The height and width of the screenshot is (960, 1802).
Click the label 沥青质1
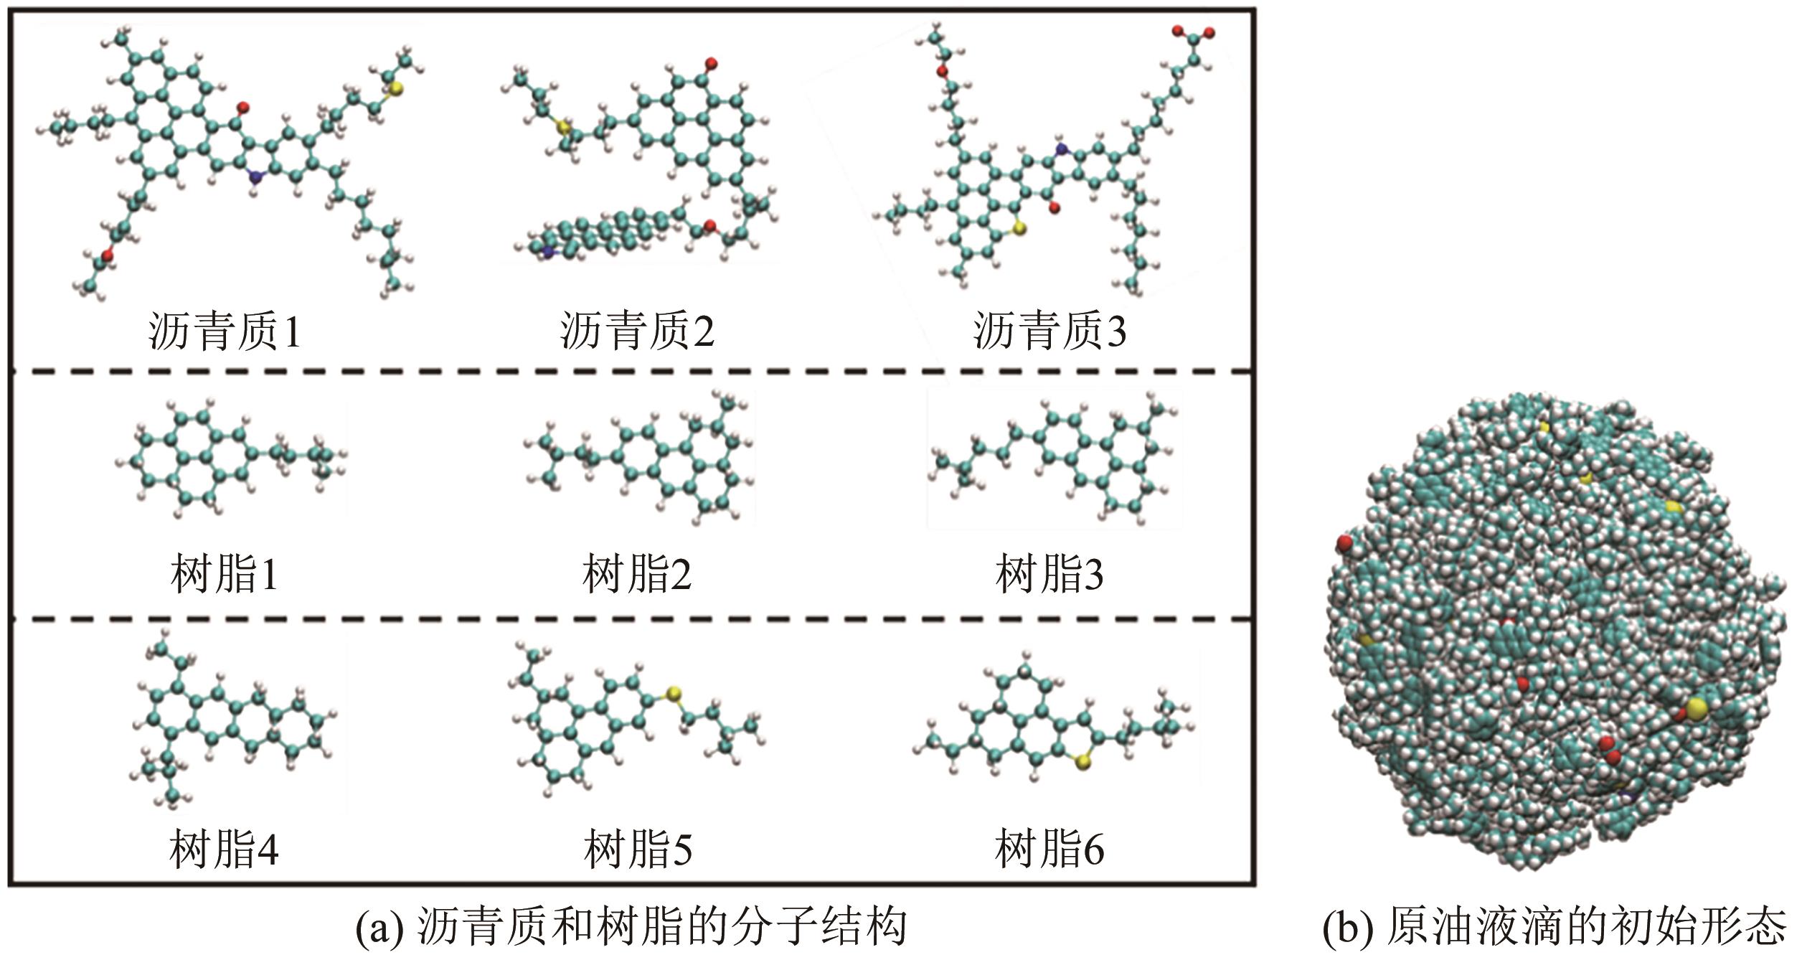tap(225, 331)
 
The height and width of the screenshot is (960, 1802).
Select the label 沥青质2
tap(637, 331)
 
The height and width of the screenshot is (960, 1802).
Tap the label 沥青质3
tap(1049, 331)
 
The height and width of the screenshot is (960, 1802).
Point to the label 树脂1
tap(225, 575)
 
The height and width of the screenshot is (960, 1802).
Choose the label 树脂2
tap(637, 575)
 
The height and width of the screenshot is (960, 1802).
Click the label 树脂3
tap(1049, 575)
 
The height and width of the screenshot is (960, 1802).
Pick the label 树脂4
tap(225, 849)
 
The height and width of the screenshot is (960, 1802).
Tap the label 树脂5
tap(638, 849)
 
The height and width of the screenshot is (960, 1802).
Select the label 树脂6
tap(1049, 849)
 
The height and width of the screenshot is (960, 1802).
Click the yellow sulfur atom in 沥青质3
tap(1019, 229)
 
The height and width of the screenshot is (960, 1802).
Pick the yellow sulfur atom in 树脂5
tap(673, 693)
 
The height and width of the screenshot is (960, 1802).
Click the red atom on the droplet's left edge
tap(1344, 542)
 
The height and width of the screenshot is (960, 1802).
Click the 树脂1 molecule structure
tap(230, 459)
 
